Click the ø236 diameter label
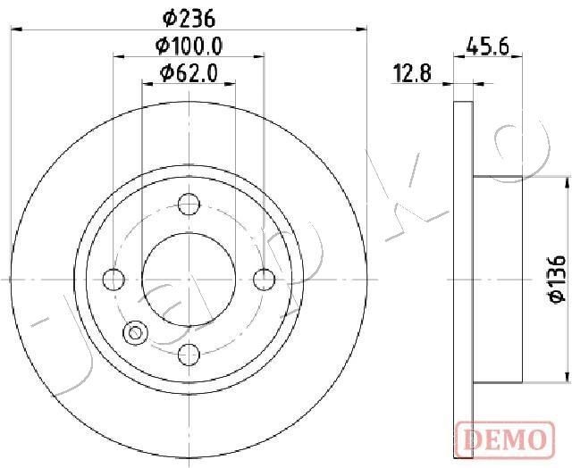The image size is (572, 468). tap(189, 17)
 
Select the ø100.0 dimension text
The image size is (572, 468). tap(189, 46)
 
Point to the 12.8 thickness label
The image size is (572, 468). tap(412, 74)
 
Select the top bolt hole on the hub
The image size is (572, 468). tap(189, 205)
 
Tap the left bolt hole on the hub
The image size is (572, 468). tap(114, 280)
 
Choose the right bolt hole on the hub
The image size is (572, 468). tap(264, 280)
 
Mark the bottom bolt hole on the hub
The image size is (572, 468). tap(189, 355)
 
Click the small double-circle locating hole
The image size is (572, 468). tap(136, 333)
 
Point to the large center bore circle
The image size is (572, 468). tap(189, 280)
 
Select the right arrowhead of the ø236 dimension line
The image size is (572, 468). tap(362, 29)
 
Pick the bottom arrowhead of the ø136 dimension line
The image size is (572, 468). tap(567, 379)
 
